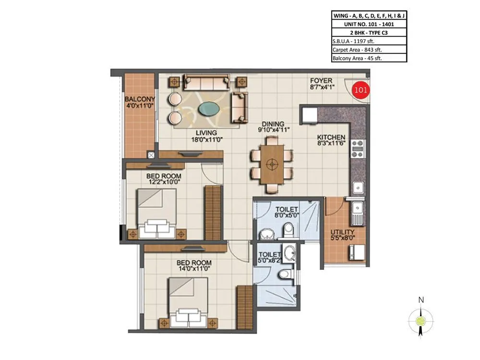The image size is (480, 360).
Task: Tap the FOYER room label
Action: (321, 81)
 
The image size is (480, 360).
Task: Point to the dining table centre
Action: (272, 164)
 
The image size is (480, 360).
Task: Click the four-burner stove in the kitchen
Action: (358, 149)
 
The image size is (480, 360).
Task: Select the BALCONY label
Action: (139, 99)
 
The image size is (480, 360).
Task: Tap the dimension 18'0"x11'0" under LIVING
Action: (206, 140)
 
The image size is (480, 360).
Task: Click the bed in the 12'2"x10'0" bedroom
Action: (156, 214)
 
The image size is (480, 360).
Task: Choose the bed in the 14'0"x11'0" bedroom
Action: (188, 303)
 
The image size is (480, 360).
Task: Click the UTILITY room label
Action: (342, 232)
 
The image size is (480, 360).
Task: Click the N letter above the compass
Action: (421, 300)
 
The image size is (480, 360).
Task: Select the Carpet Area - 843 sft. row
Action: (369, 49)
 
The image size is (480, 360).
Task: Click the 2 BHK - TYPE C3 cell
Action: (369, 32)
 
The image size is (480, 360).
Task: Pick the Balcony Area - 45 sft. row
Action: (369, 58)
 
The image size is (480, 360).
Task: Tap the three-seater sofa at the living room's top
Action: (207, 83)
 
